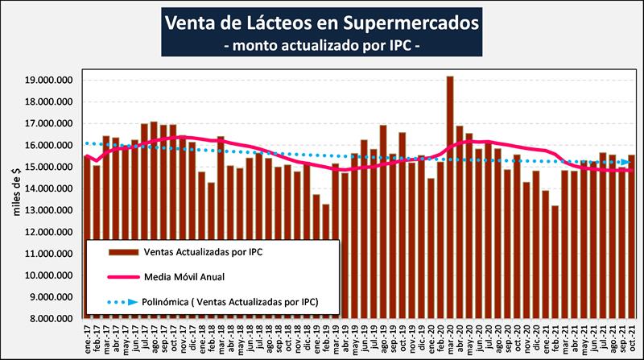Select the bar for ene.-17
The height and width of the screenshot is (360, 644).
tap(88, 234)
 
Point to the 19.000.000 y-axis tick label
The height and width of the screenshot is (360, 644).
tap(49, 81)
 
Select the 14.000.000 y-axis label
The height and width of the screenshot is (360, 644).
tap(49, 189)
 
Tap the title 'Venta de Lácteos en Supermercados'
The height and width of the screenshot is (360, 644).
tap(322, 20)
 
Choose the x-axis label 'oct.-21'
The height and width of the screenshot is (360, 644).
tap(632, 337)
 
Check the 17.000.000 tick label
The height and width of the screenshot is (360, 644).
tap(49, 124)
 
